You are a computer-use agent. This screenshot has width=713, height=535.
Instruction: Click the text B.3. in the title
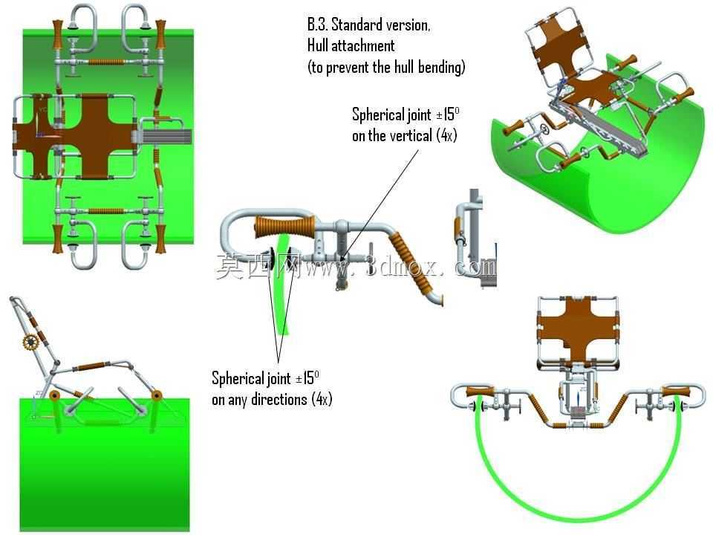click(x=317, y=25)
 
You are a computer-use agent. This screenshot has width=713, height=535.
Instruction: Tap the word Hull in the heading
click(x=317, y=45)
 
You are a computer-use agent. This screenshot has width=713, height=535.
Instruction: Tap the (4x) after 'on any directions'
click(x=322, y=400)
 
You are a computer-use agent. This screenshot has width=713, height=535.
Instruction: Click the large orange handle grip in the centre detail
click(x=284, y=226)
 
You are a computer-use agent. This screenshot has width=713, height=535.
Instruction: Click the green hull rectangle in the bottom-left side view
click(x=105, y=464)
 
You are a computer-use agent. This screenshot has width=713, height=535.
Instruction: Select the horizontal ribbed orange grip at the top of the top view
click(x=106, y=62)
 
